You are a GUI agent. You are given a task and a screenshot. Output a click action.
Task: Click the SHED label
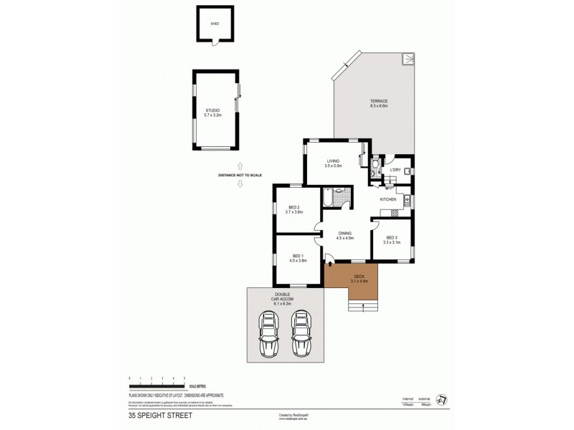[x=214, y=23]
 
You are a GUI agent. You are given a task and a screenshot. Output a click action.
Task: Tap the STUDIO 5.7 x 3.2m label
[x=212, y=113]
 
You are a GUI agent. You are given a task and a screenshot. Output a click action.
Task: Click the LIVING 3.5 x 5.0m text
[x=333, y=163]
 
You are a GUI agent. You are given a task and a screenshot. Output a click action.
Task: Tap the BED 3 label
[x=391, y=240]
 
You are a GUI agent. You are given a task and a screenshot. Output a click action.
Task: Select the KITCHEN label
[x=388, y=199]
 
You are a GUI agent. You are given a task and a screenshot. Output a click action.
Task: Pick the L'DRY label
[x=395, y=170]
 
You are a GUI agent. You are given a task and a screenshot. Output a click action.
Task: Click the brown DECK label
[x=359, y=279]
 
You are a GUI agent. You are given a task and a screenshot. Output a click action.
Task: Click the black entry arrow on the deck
[x=329, y=264]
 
